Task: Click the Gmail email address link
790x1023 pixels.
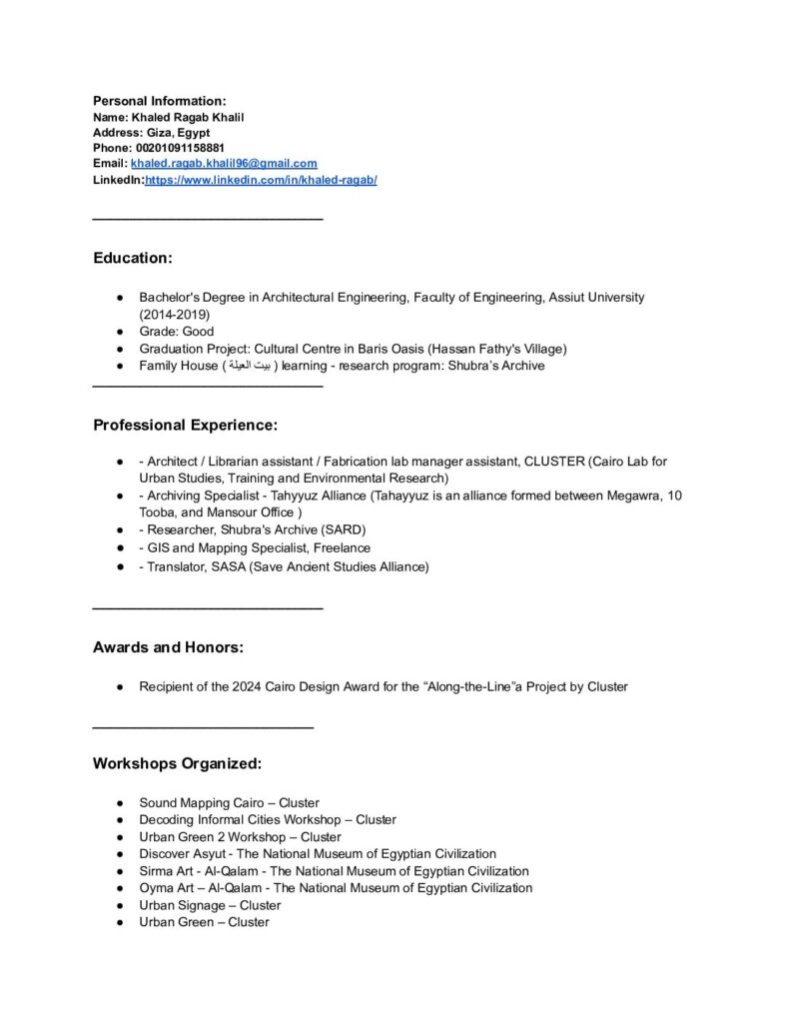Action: pos(224,163)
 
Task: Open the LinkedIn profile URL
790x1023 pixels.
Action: pos(261,180)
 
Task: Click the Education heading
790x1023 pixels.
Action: pos(133,258)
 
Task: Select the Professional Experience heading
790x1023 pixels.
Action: pos(185,425)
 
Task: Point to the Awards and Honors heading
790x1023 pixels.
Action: pos(168,647)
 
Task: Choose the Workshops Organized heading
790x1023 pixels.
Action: pos(177,763)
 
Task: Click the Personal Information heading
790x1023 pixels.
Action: pos(160,101)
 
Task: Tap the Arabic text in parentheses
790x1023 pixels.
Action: pos(248,366)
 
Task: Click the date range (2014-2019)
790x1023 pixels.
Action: pos(175,314)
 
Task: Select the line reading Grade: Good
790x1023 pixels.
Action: pos(177,331)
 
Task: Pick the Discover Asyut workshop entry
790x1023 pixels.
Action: pos(318,853)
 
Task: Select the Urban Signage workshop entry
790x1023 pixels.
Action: pos(210,905)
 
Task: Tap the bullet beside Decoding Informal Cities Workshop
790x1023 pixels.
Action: pos(119,820)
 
